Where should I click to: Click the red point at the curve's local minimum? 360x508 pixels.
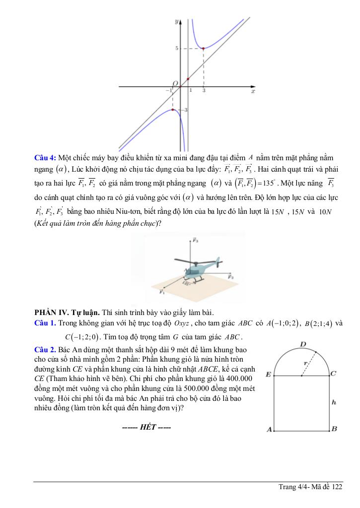click(x=204, y=48)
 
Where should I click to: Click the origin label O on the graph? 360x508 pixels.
click(x=175, y=83)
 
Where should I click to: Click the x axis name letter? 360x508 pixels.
click(x=253, y=92)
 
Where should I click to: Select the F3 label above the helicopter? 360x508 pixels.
click(x=196, y=241)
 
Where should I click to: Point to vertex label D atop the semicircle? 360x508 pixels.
click(x=303, y=343)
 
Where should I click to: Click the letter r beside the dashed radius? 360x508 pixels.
click(x=306, y=363)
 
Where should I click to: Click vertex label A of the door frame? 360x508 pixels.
click(x=269, y=430)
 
